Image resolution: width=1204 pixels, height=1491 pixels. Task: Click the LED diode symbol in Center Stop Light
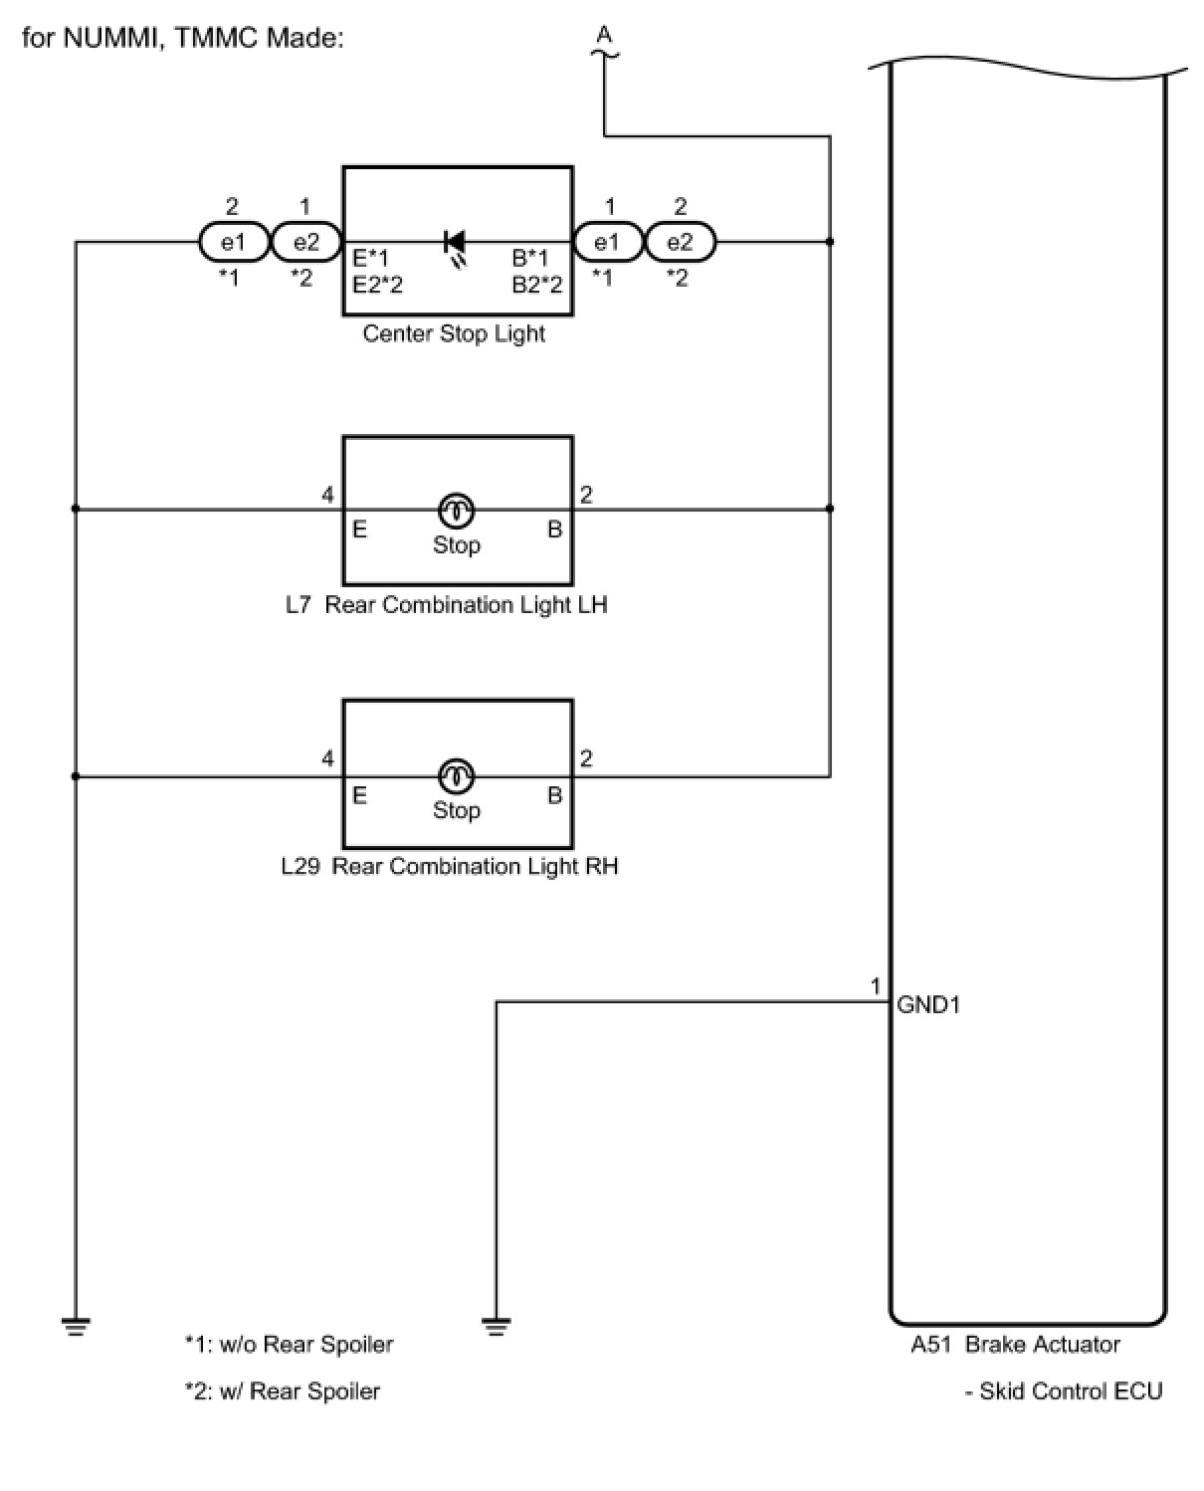point(455,247)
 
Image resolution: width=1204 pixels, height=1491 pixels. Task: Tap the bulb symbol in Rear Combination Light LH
point(456,510)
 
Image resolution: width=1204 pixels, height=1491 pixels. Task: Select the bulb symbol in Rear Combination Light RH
point(456,775)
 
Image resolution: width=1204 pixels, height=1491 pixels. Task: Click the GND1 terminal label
point(927,1004)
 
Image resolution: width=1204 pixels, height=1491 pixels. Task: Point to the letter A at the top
point(604,34)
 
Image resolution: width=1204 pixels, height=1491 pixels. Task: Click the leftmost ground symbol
point(76,1327)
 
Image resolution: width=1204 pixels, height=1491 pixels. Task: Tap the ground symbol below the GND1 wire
point(496,1327)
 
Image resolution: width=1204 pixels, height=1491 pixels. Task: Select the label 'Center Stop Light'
point(454,333)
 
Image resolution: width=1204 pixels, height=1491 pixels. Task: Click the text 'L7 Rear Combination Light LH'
point(447,604)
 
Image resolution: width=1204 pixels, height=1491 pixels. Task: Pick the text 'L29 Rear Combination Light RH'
point(450,866)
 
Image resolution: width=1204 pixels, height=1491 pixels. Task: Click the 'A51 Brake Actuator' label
point(1015,1344)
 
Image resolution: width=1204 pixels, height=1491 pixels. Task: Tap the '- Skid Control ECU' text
point(1064,1390)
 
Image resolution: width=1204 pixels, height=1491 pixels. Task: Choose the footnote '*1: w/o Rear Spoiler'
point(289,1344)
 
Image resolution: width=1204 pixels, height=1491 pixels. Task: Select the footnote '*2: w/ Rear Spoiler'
point(283,1390)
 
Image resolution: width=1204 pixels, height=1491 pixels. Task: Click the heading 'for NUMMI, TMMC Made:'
point(183,38)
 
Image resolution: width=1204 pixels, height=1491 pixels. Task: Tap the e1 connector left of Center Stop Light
point(235,242)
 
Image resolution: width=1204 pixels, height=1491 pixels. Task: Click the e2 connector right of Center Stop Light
point(681,242)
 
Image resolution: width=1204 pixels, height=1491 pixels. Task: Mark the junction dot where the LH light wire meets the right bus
point(830,509)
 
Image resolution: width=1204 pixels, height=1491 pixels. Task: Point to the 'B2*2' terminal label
point(537,285)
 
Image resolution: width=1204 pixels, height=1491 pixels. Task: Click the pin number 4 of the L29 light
point(327,758)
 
